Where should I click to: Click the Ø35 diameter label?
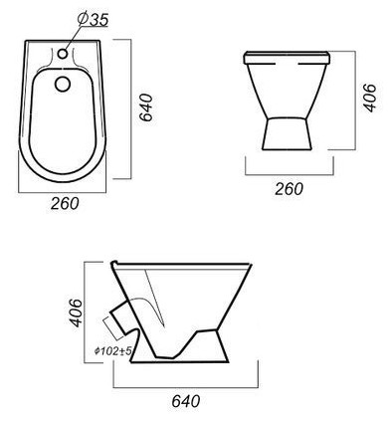(x=93, y=19)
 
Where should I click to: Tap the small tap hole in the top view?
(x=63, y=53)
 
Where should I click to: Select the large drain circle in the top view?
(x=63, y=84)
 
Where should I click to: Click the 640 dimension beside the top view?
(x=146, y=107)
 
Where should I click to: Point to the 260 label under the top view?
(x=65, y=203)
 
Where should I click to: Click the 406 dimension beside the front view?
(x=370, y=98)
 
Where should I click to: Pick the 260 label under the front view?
(x=289, y=189)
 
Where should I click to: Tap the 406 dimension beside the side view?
(x=75, y=313)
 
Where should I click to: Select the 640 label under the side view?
(x=186, y=401)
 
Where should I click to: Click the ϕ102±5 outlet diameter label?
(x=113, y=350)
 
